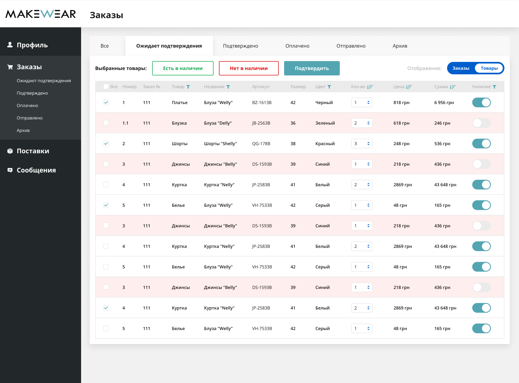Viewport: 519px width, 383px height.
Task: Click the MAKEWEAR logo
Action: coord(41,14)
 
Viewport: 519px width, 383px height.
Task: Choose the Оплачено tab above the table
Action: coord(297,46)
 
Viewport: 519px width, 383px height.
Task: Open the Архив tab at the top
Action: coord(400,46)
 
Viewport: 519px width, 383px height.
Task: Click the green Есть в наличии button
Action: coord(183,68)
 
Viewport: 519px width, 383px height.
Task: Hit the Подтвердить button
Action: coord(312,68)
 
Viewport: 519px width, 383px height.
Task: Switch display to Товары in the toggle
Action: coord(489,68)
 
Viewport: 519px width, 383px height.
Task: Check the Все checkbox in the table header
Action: coord(106,86)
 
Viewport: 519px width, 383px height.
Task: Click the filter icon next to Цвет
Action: coord(329,87)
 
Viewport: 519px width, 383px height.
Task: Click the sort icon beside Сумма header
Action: coord(453,87)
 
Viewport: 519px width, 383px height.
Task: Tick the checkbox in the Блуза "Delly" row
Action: coord(106,123)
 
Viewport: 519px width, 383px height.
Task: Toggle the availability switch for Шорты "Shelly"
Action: coord(481,144)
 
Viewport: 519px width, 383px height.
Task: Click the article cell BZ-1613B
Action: coord(262,102)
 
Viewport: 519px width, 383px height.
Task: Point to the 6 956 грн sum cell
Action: coord(444,102)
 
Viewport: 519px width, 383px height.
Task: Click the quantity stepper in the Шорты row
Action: coord(362,144)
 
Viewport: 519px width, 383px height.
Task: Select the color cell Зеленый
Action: coord(325,123)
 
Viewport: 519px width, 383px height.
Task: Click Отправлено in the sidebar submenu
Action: coord(29,118)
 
